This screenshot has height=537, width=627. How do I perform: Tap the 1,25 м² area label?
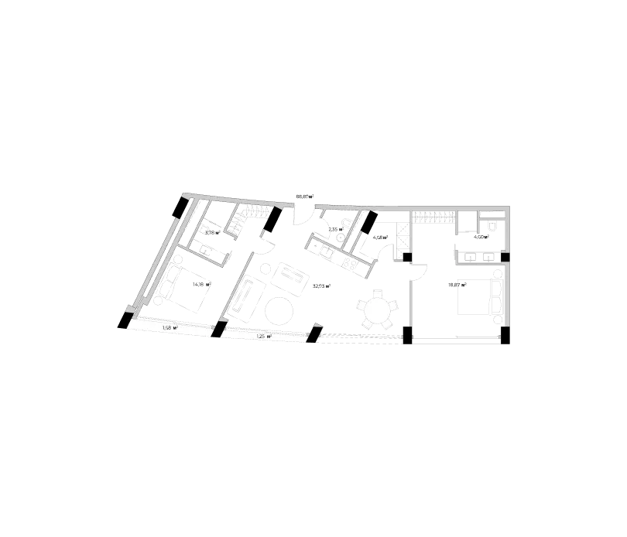263,337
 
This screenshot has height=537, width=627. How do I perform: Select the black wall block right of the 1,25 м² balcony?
317,335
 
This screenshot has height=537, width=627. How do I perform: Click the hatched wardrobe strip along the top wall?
433,213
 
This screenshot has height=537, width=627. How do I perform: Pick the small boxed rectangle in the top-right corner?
491,214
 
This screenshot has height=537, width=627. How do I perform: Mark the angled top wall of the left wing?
236,199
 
